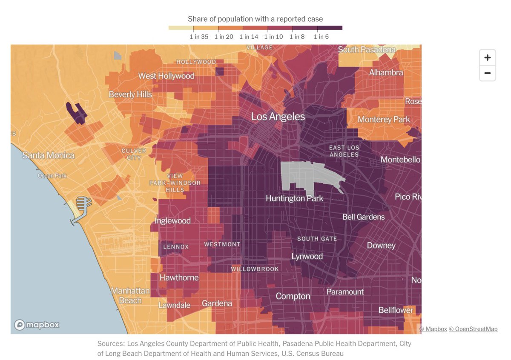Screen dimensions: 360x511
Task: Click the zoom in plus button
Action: click(487, 57)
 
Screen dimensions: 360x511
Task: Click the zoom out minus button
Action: click(487, 73)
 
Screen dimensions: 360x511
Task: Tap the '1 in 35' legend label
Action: click(199, 37)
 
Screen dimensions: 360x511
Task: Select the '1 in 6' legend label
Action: click(321, 37)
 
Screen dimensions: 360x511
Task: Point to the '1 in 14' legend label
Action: click(249, 37)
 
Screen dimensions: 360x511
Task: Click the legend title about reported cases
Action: click(255, 19)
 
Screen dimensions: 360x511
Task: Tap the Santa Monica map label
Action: click(48, 155)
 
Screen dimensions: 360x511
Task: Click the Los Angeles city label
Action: click(278, 116)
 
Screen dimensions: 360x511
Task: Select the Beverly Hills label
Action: click(130, 94)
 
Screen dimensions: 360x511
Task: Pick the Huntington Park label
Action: click(294, 198)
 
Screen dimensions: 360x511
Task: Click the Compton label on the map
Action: click(293, 296)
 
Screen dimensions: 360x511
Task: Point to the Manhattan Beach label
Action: click(130, 296)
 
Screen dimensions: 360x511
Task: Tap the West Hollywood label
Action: click(166, 76)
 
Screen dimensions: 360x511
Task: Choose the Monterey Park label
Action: click(383, 119)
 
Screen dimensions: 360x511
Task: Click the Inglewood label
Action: click(172, 220)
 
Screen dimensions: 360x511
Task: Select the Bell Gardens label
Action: click(363, 217)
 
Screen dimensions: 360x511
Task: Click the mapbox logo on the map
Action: click(37, 325)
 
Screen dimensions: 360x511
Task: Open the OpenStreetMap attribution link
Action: click(473, 329)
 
